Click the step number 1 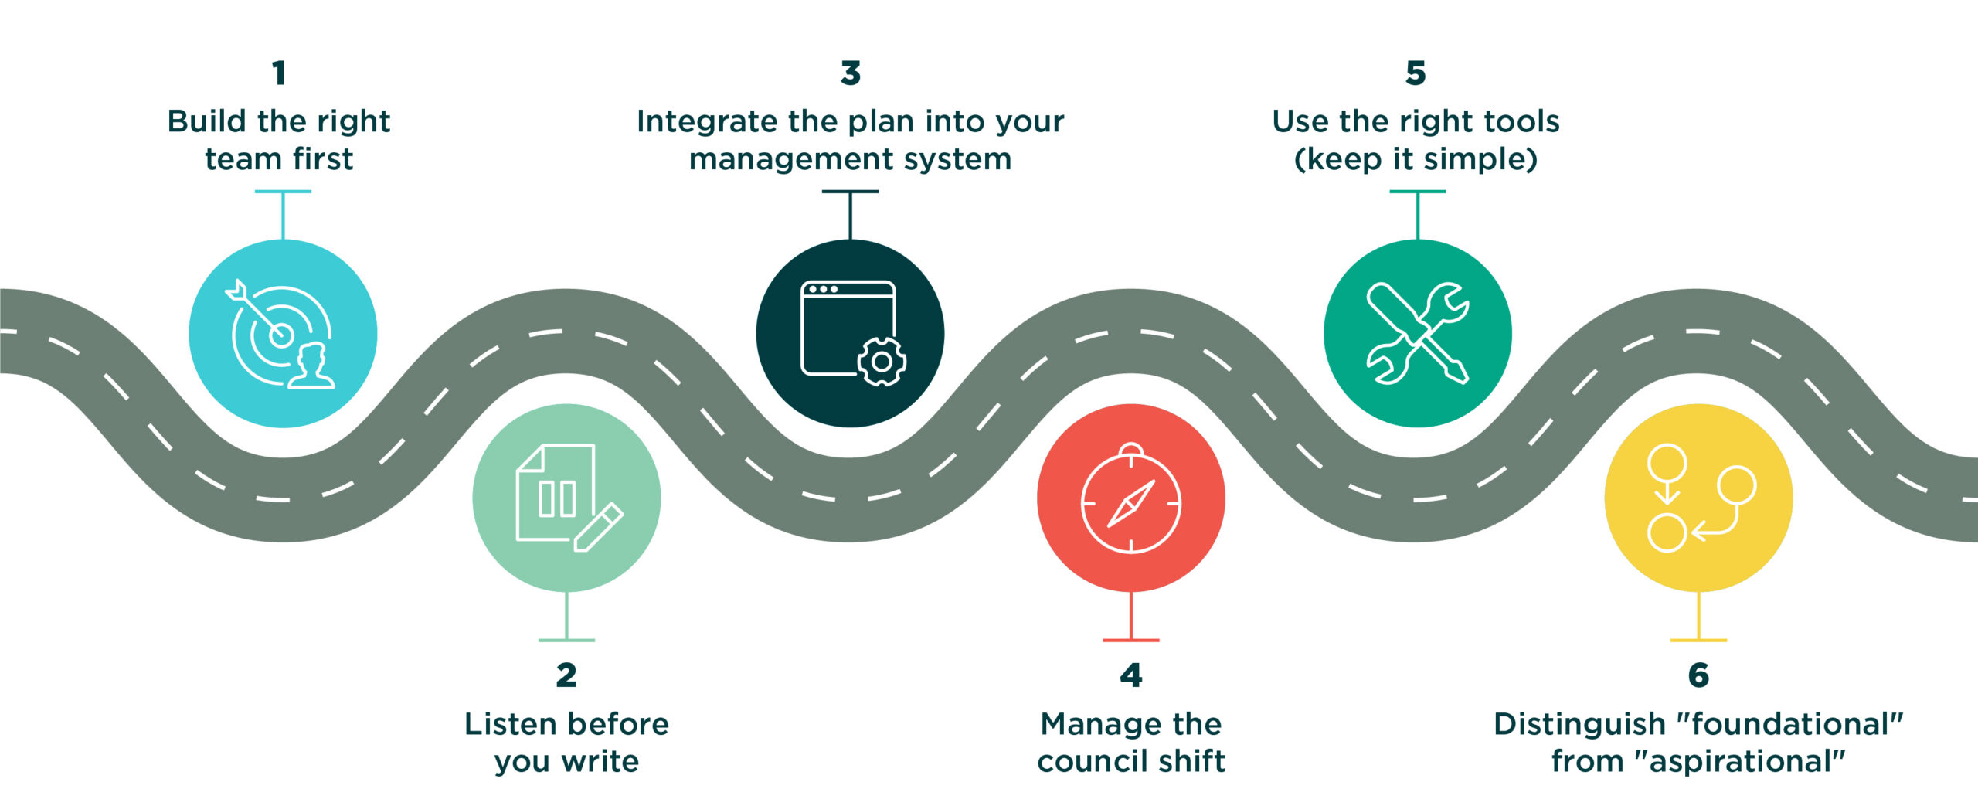279,73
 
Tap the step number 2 566,675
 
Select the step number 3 850,73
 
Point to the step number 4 1131,675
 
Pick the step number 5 1416,73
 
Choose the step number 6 1698,675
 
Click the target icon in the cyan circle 280,334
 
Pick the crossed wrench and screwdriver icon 1417,333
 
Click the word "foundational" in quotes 1790,724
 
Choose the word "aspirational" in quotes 1739,762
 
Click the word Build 206,121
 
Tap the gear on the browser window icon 882,361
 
